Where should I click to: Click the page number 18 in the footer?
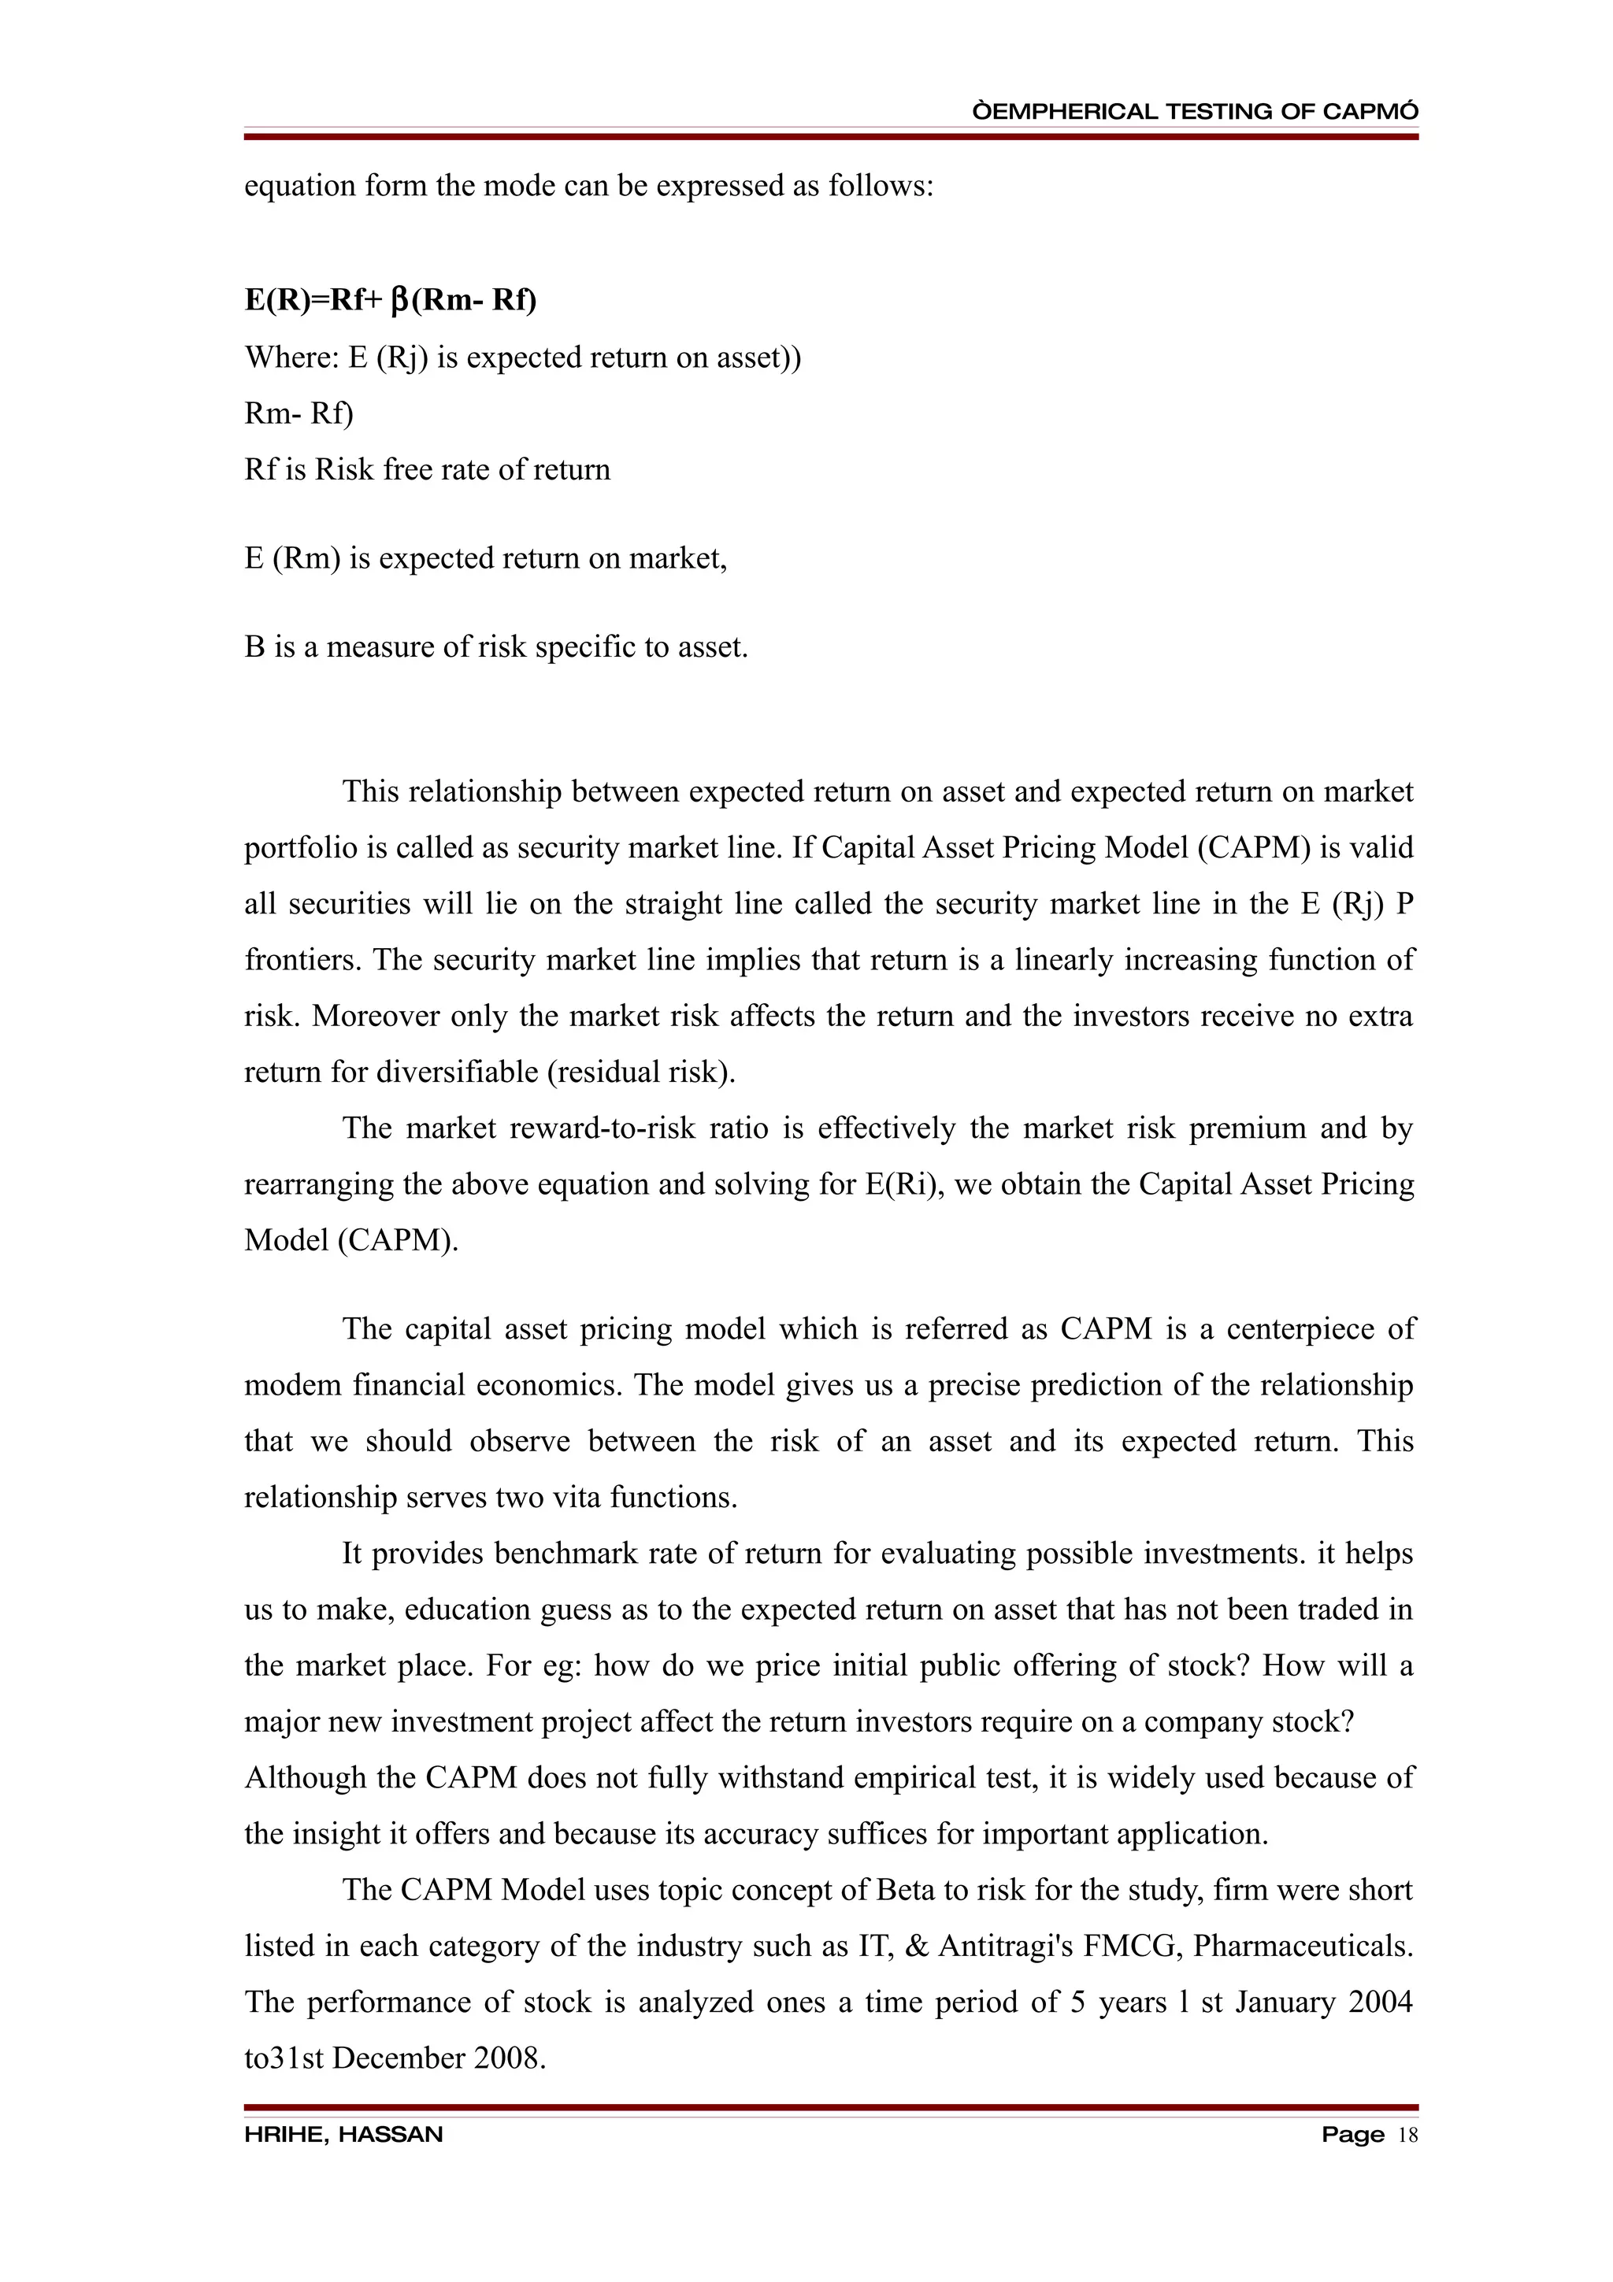1407,2135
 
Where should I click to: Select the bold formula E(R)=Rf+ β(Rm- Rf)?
390,300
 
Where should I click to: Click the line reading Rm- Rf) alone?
298,413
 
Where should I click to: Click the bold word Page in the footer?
1352,2135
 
